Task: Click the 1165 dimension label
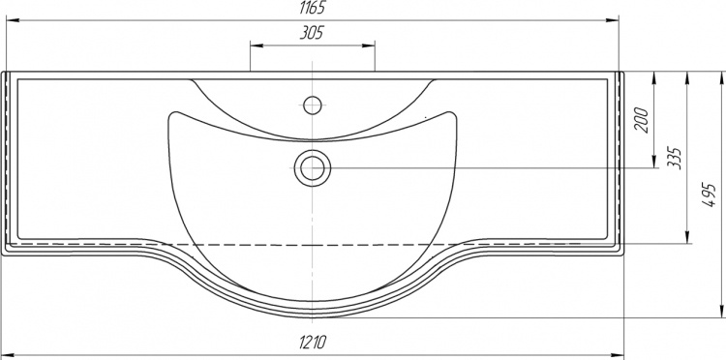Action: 313,8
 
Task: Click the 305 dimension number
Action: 312,33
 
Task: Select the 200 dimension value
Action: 642,120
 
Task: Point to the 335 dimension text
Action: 675,159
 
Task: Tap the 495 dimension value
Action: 710,195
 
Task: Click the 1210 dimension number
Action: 313,342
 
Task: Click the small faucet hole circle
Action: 313,105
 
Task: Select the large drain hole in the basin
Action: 313,168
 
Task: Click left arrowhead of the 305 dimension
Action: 257,45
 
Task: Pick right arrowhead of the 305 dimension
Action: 369,45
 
